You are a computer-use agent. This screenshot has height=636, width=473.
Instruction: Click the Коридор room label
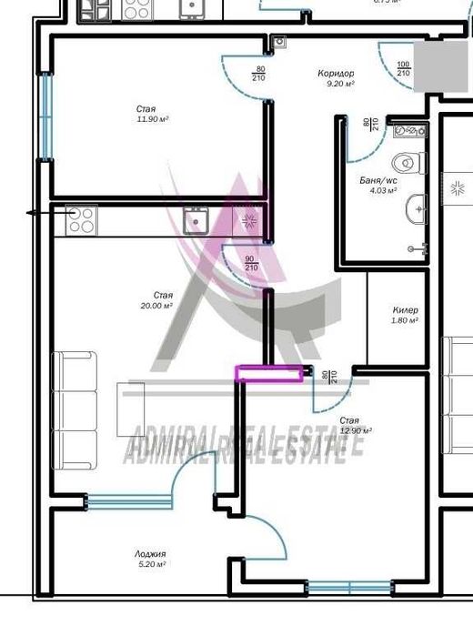336,74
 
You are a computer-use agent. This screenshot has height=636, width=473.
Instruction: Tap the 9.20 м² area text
340,84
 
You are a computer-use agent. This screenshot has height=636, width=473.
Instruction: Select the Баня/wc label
377,181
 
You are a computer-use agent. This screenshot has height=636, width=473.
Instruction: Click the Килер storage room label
406,310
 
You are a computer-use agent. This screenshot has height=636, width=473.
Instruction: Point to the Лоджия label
149,553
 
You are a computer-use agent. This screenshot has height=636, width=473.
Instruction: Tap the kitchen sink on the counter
196,219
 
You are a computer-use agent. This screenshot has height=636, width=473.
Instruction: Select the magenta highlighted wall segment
270,372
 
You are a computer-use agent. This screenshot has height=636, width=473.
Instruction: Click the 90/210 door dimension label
250,264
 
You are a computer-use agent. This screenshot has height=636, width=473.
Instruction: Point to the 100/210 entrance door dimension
403,68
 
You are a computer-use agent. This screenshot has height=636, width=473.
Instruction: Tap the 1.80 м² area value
405,320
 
